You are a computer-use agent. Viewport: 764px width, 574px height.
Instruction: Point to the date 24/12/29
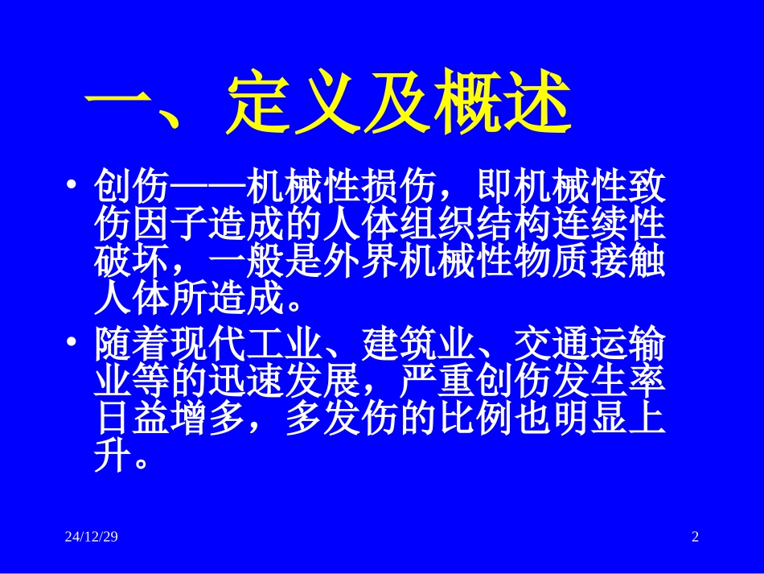[92, 537]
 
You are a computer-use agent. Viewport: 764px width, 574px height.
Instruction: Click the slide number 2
[695, 537]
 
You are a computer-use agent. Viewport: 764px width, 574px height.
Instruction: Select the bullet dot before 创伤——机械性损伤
[73, 185]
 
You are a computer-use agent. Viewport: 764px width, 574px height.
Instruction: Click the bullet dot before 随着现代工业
[73, 343]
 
